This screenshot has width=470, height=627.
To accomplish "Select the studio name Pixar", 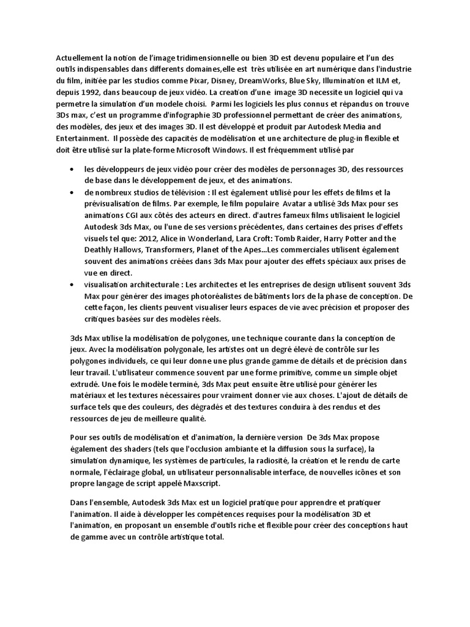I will tap(203, 81).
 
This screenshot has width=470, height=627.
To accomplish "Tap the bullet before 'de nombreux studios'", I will tap(73, 192).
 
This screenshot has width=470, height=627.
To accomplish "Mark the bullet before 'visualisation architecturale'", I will tap(73, 285).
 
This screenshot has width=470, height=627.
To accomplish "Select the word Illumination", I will tap(353, 81).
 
